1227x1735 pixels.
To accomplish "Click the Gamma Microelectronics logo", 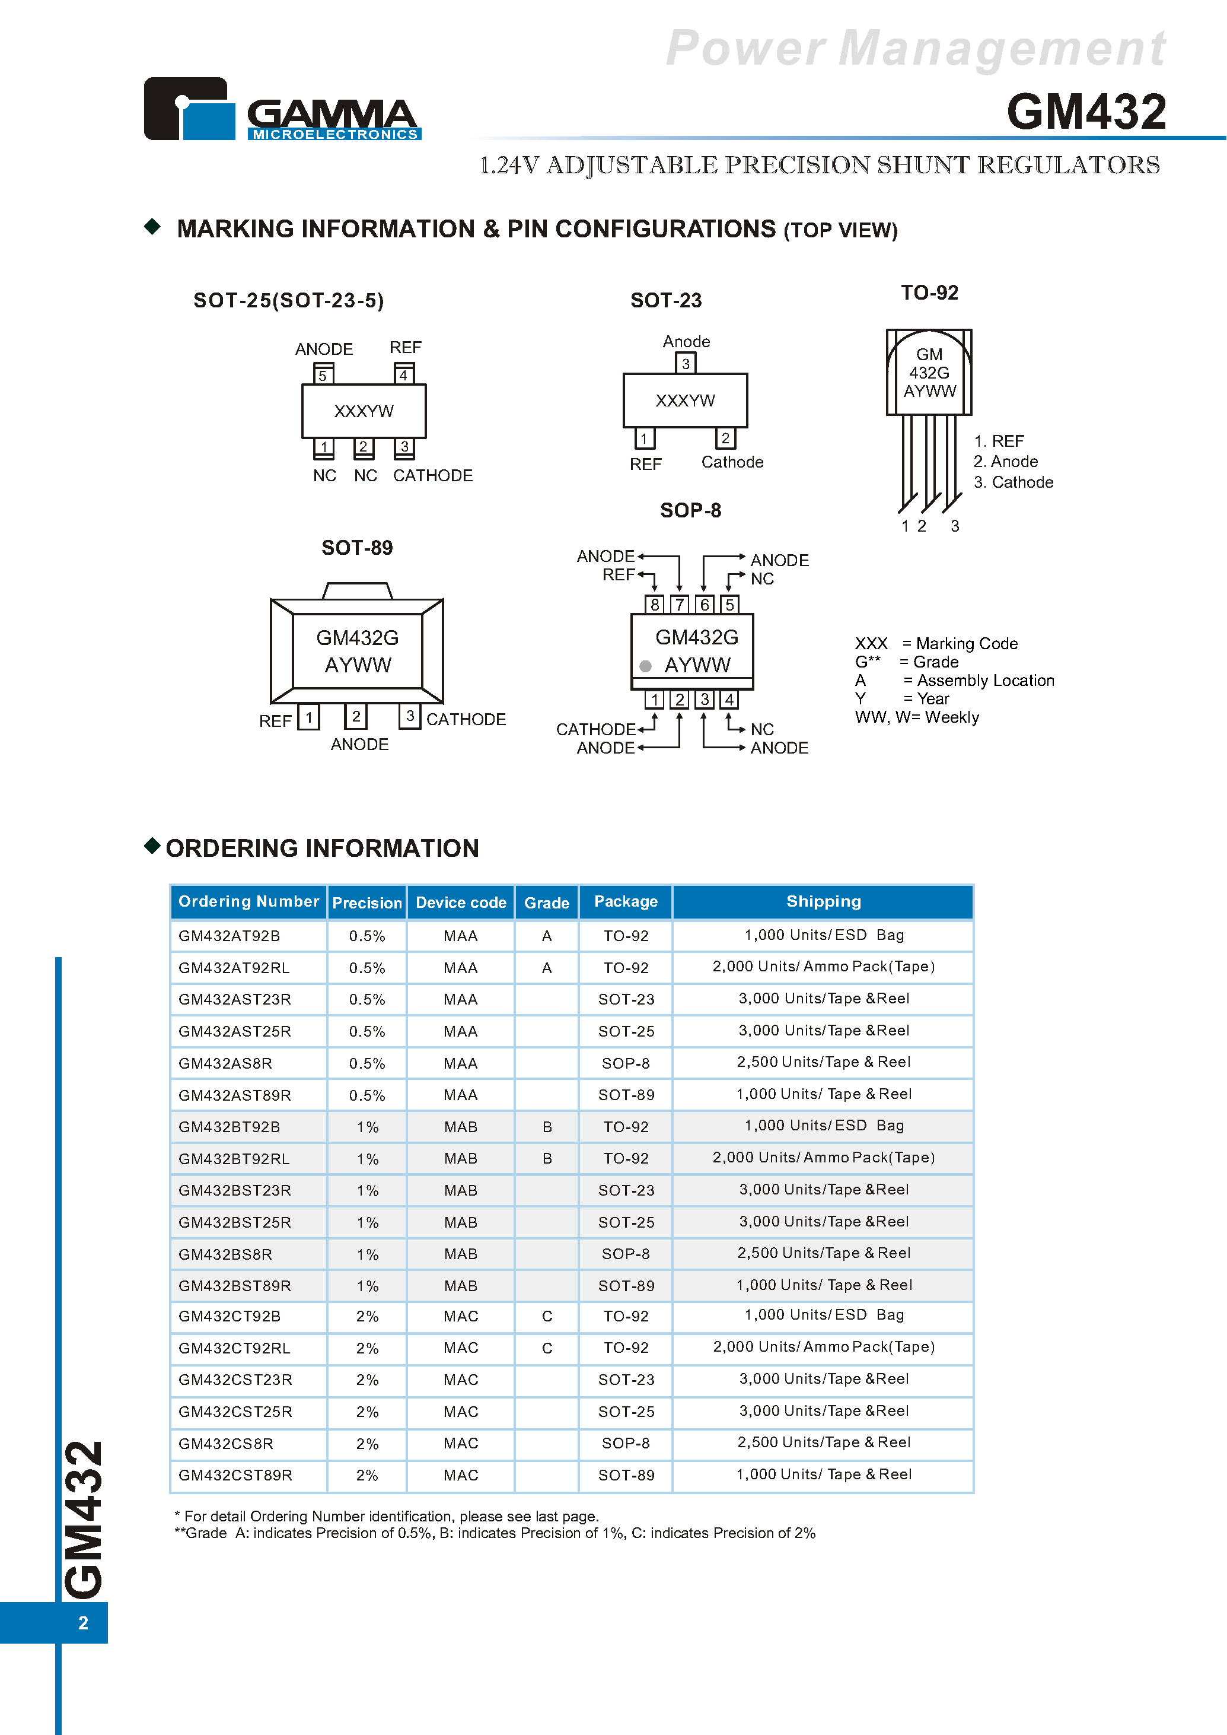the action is (282, 109).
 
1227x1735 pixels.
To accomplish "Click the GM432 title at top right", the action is (1086, 112).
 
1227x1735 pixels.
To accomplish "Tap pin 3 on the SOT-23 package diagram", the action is (686, 364).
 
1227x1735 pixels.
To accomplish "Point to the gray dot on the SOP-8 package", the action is (645, 666).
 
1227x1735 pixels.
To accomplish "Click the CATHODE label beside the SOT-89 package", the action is (466, 719).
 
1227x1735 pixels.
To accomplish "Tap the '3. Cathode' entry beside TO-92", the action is (1013, 482).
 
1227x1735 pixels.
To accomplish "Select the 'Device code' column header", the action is (461, 903).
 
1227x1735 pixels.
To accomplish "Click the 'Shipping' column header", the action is (824, 901).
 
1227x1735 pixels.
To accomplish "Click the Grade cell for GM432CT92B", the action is (547, 1316).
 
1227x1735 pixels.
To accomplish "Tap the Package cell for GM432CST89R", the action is (626, 1475).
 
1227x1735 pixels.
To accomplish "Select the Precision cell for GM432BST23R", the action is (367, 1190).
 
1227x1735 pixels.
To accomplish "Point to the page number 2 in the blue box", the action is (83, 1622).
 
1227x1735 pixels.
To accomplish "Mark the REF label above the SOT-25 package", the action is (405, 347).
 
